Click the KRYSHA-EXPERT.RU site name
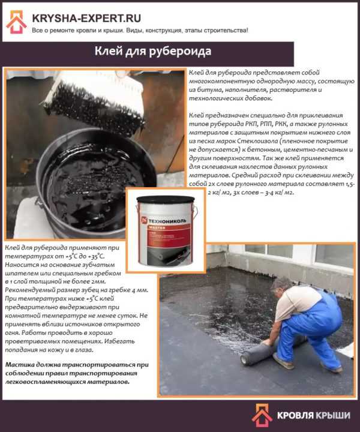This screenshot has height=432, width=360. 86,18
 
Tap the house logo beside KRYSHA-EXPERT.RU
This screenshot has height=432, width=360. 16,22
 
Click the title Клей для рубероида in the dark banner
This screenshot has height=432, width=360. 153,52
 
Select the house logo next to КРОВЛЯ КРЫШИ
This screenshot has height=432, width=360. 262,415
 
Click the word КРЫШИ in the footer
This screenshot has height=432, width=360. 333,415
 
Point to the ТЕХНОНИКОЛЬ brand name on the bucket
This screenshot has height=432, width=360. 167,221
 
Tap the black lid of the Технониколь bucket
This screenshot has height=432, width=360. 166,199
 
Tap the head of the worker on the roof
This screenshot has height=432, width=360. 281,286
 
